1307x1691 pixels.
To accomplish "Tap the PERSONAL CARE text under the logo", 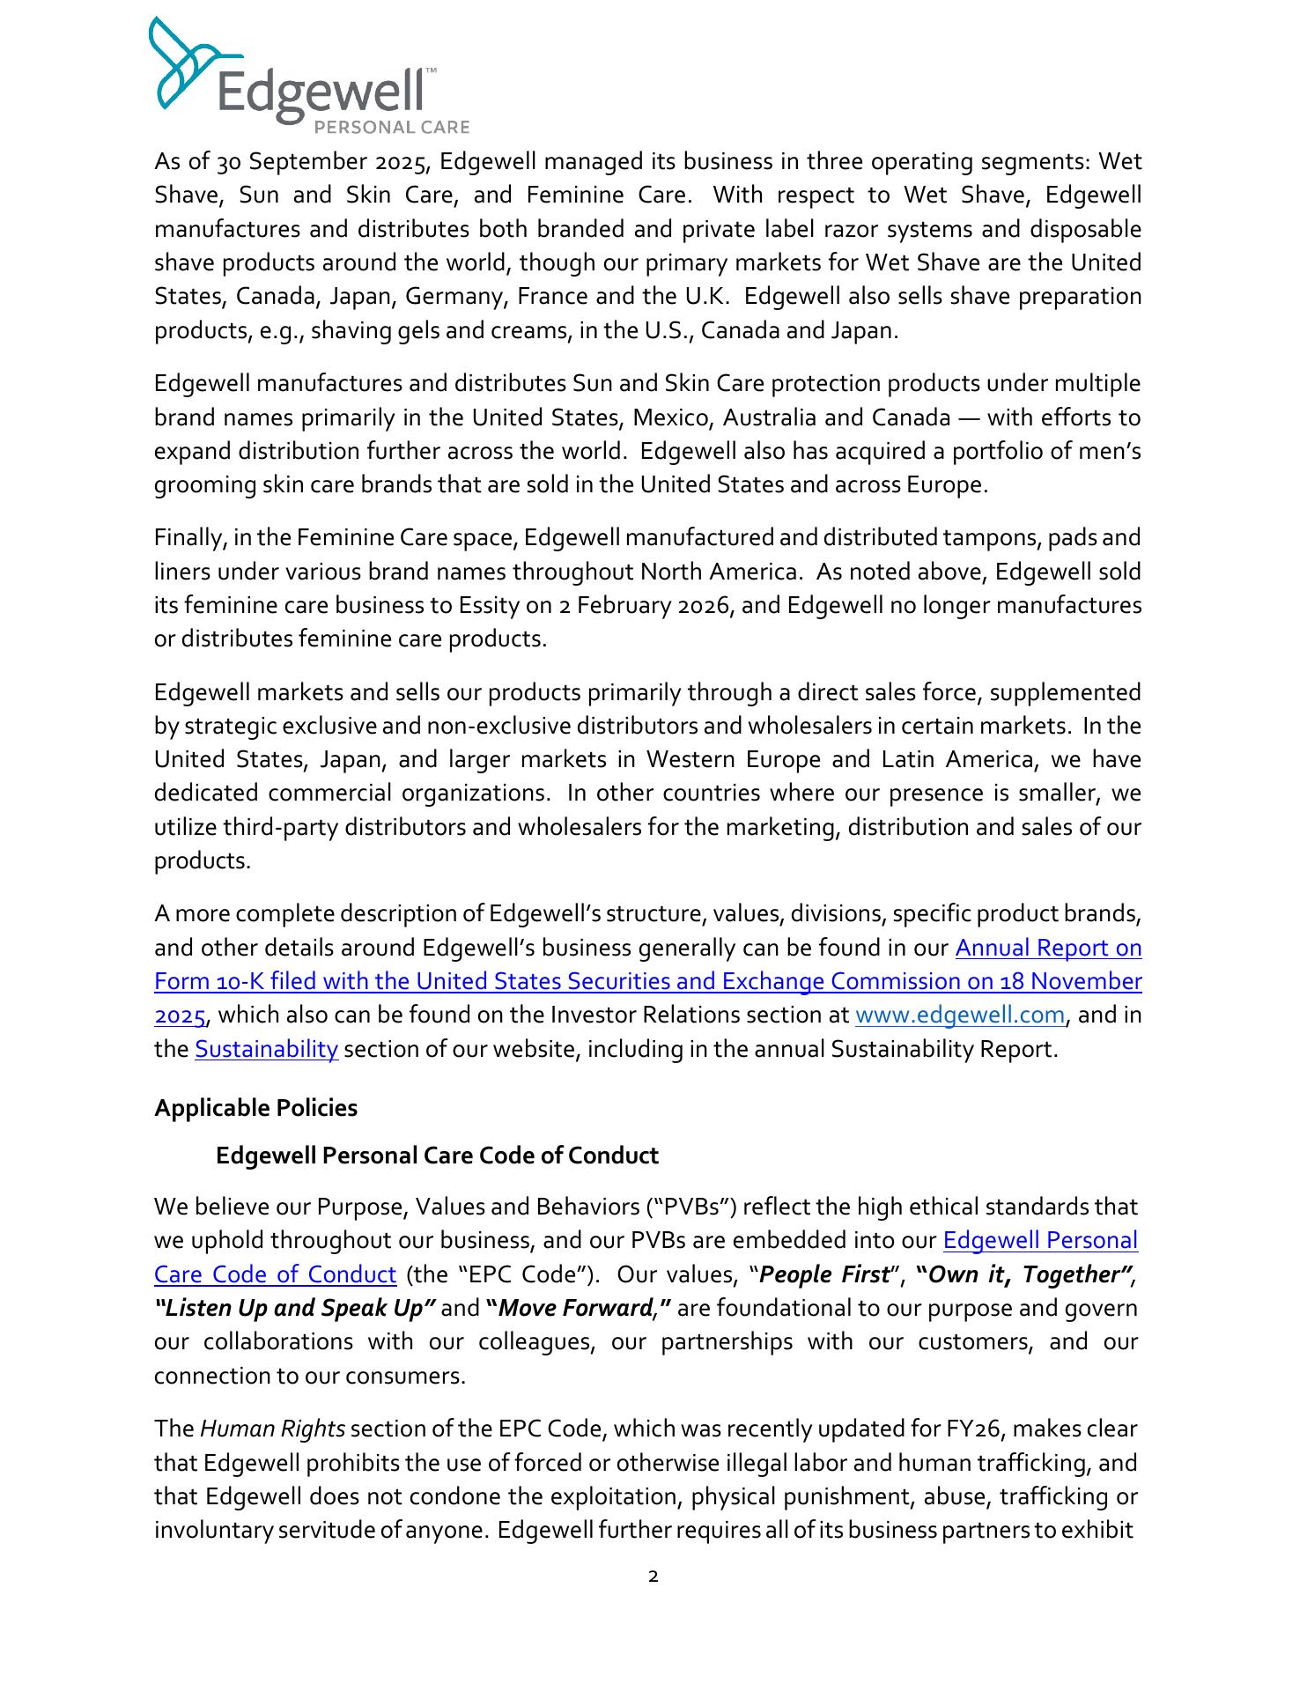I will click(x=392, y=128).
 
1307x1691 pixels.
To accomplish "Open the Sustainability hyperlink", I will click(x=266, y=1049).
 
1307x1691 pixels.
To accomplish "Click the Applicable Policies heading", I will click(x=255, y=1108).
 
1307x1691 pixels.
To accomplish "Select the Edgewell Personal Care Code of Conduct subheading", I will click(x=437, y=1156).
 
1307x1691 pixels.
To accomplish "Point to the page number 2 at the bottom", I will click(x=653, y=1577).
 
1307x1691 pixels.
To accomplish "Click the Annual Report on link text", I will click(x=1048, y=949).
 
